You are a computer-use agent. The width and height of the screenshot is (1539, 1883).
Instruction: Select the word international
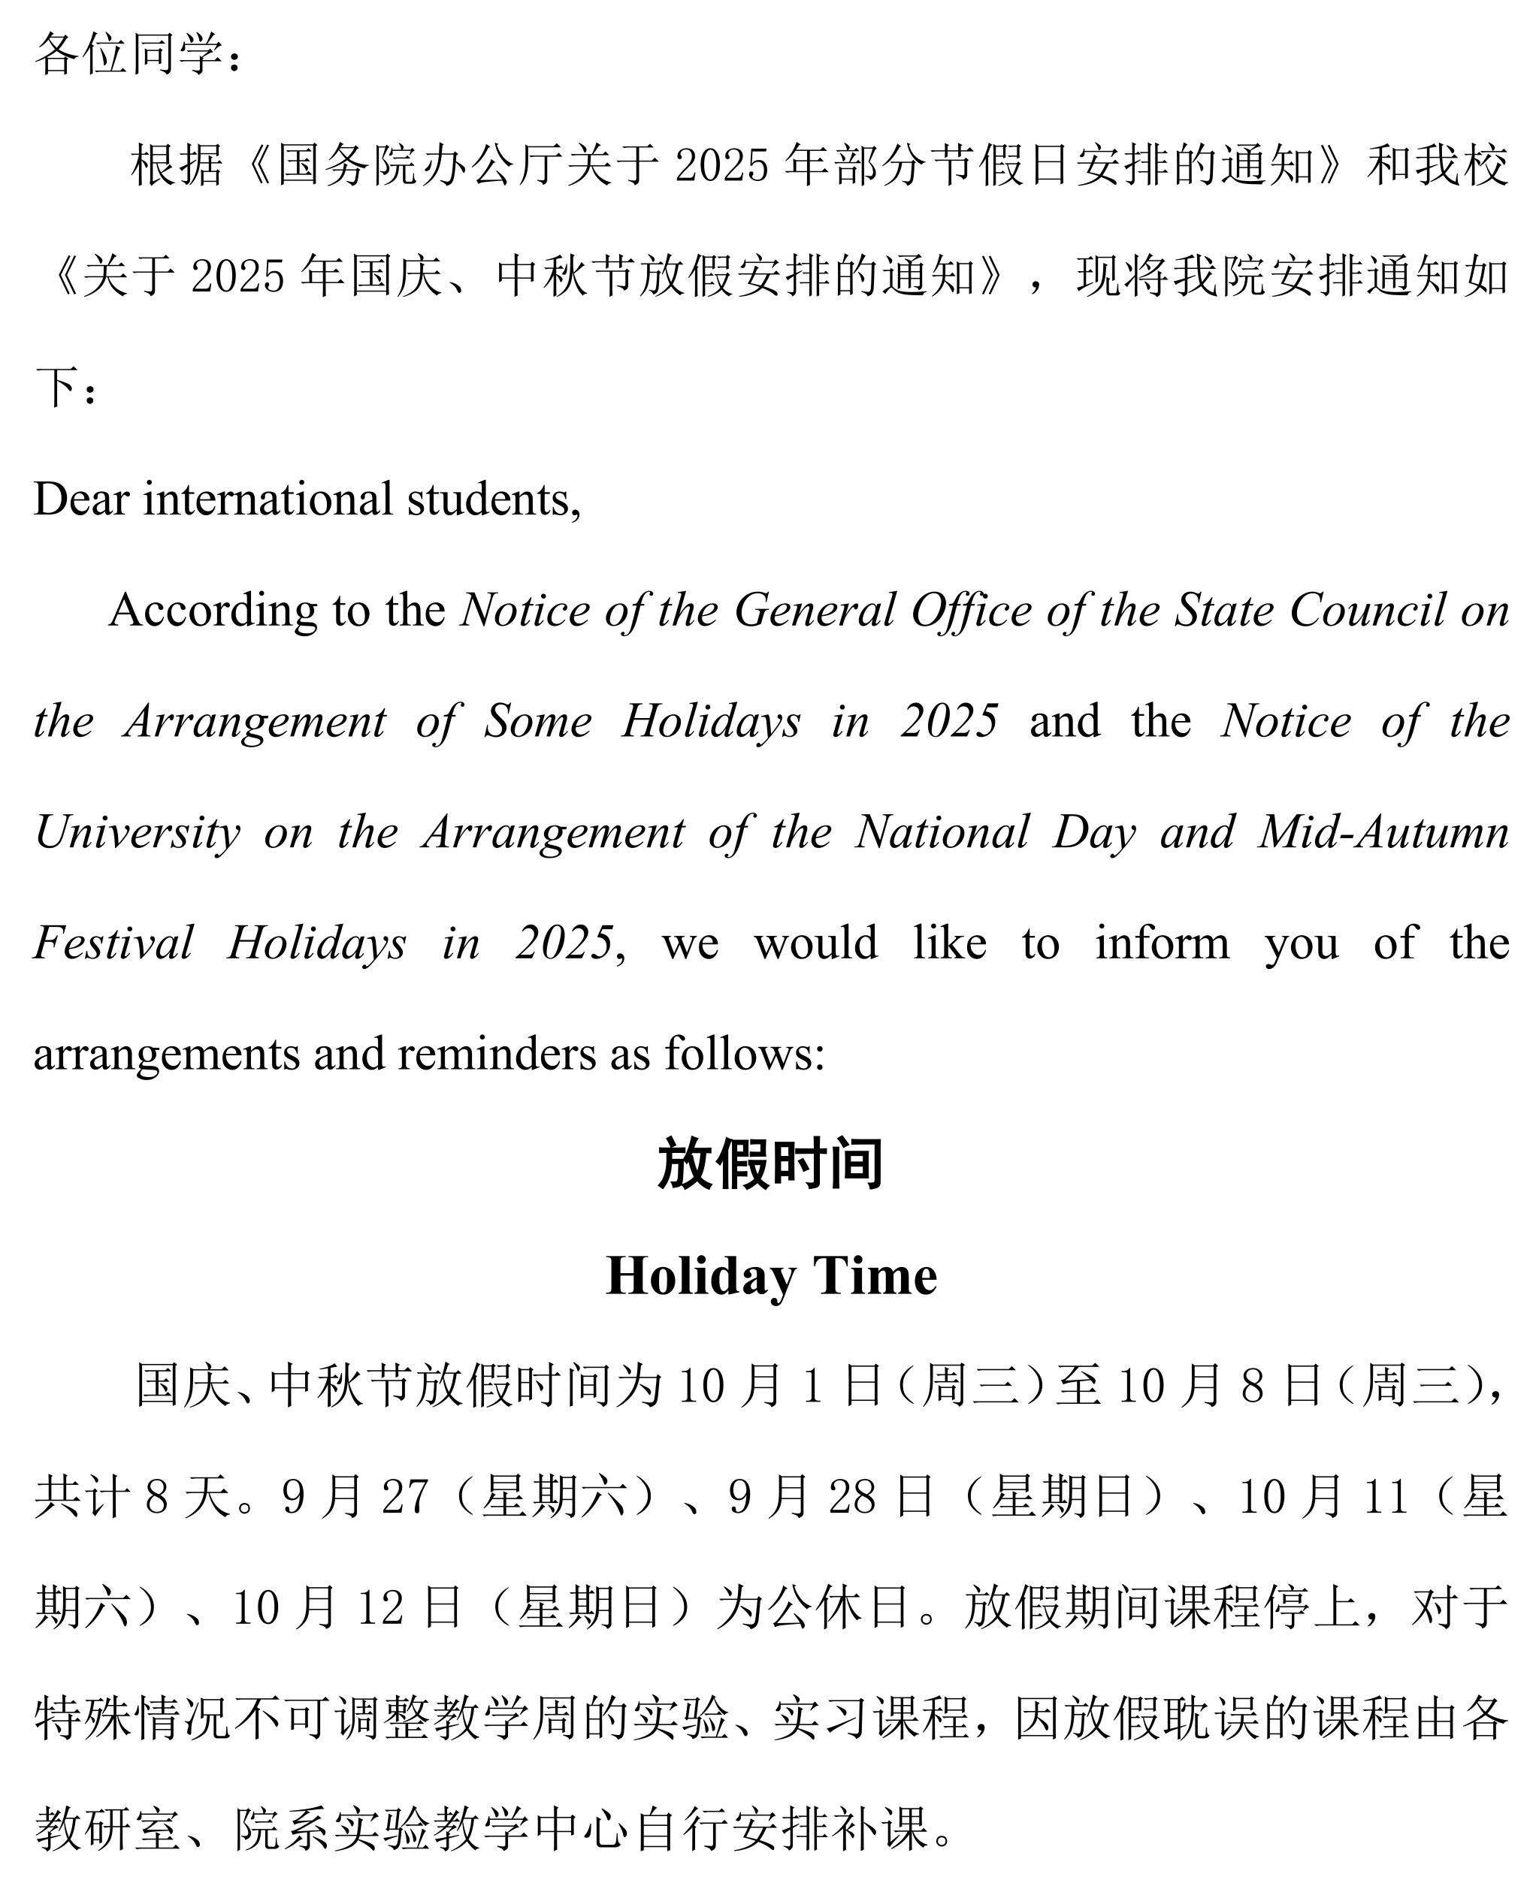click(268, 499)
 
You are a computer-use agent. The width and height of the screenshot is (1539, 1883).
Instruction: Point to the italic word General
click(815, 610)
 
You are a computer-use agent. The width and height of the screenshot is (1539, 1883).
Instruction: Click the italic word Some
click(537, 720)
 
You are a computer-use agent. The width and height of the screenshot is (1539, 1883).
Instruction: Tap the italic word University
click(138, 832)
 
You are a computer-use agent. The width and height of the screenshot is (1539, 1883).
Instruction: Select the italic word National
click(942, 832)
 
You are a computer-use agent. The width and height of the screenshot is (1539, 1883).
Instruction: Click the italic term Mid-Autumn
click(1383, 832)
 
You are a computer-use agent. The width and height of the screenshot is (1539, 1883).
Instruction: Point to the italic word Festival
click(113, 943)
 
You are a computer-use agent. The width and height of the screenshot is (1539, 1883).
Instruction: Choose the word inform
click(1161, 943)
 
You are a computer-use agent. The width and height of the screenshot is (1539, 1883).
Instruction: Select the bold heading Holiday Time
click(770, 1276)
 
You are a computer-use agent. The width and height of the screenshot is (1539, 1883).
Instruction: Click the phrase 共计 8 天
click(133, 1498)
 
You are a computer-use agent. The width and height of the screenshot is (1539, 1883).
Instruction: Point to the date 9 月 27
click(355, 1498)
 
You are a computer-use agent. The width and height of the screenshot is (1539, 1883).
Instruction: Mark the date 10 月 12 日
click(346, 1608)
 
